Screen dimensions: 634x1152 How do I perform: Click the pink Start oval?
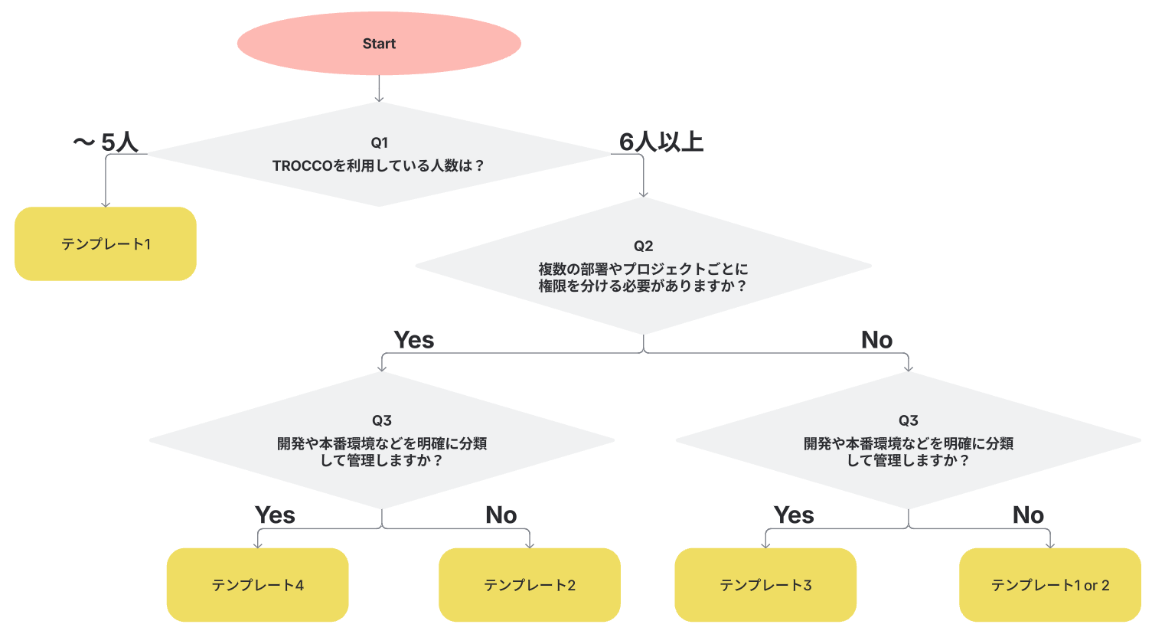(379, 43)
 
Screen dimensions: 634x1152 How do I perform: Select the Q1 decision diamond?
(379, 155)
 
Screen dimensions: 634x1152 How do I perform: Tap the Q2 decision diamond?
(643, 266)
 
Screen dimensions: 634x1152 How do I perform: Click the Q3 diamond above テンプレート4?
(382, 440)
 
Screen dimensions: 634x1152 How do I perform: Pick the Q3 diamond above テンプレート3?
(908, 440)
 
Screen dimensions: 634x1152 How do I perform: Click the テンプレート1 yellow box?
(106, 243)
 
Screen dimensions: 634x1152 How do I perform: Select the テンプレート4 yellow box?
(257, 585)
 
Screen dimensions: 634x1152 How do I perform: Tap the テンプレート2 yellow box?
(529, 585)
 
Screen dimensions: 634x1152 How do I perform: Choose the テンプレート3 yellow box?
(765, 585)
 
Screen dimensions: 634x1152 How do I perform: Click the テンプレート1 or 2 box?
(1049, 585)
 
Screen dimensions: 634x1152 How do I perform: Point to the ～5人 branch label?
(105, 142)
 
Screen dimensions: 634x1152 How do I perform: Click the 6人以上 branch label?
(661, 142)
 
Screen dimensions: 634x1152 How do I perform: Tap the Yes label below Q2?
(414, 340)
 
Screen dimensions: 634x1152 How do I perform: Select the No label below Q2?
(876, 340)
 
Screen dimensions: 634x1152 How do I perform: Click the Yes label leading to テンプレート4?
(275, 515)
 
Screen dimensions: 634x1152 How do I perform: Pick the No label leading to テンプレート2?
(501, 515)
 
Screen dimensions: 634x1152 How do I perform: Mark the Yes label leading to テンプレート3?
(794, 515)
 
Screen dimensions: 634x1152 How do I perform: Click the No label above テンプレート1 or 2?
(1028, 515)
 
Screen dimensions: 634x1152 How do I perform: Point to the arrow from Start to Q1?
(379, 89)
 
